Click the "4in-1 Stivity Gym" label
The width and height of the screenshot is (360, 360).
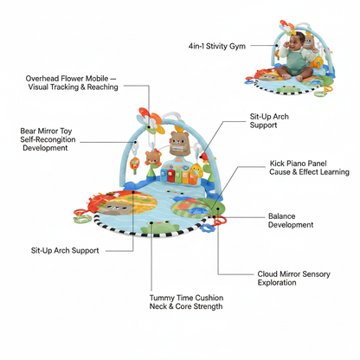(217, 46)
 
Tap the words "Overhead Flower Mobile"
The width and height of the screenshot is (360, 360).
(67, 79)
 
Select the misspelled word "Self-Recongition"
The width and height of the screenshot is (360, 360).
(48, 139)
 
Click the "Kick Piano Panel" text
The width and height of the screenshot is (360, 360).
(298, 164)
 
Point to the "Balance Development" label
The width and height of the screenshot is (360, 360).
(291, 221)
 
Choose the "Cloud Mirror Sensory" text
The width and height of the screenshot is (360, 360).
(293, 273)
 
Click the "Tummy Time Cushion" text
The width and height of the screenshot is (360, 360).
(186, 298)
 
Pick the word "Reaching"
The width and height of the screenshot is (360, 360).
(103, 87)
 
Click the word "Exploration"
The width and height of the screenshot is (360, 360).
(277, 282)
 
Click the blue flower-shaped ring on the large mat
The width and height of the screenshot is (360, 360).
(207, 228)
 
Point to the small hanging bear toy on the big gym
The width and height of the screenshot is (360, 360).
(151, 158)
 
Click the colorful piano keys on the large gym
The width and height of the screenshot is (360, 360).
(176, 177)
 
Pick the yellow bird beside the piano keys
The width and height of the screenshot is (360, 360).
(196, 170)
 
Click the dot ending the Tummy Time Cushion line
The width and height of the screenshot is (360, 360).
(151, 222)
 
